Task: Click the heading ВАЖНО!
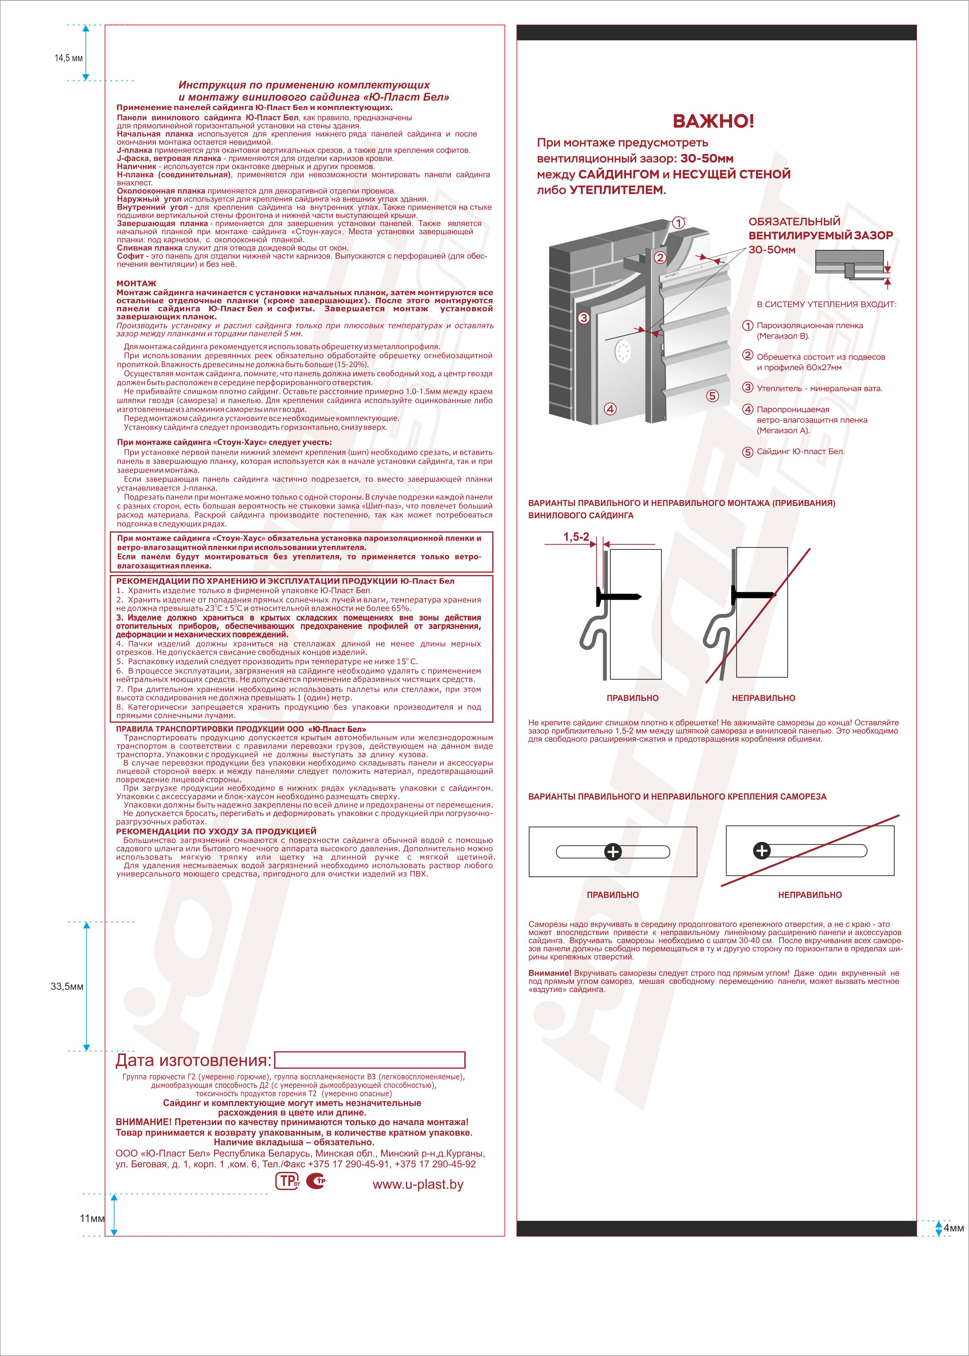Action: (713, 121)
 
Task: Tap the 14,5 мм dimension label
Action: (69, 58)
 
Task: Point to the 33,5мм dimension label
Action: (67, 986)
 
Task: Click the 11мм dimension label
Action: (92, 1218)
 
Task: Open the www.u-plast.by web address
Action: (418, 1185)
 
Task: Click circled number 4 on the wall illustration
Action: (610, 409)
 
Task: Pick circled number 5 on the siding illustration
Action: (712, 396)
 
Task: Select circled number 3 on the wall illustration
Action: (584, 318)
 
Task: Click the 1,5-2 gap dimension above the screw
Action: (576, 537)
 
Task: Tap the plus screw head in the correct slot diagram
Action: (613, 852)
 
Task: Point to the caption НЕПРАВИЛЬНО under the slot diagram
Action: (810, 895)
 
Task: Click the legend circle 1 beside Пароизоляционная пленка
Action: (748, 326)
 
